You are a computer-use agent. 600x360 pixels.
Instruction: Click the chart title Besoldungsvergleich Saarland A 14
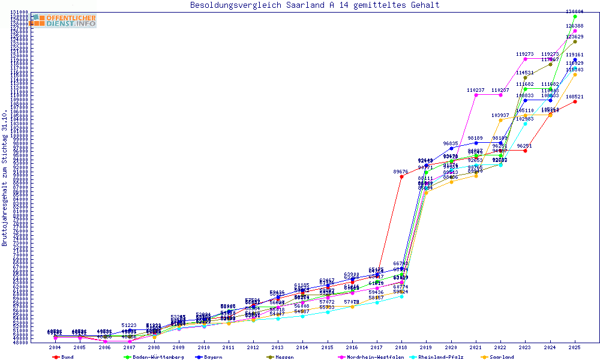point(314,5)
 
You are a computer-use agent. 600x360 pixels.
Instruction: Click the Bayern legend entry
point(210,357)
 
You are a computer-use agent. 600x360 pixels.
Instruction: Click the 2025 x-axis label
point(575,347)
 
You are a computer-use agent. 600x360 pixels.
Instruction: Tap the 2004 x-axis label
point(55,347)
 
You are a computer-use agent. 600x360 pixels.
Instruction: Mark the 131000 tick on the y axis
point(20,12)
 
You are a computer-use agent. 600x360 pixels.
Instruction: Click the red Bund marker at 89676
point(401,177)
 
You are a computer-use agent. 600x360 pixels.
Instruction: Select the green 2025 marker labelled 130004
point(575,16)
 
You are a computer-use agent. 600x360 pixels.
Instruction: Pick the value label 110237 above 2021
point(476,90)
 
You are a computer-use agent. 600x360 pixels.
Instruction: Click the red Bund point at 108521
point(575,101)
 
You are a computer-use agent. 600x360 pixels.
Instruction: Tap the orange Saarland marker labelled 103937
point(500,120)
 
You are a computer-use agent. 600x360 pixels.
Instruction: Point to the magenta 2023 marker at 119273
point(525,59)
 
